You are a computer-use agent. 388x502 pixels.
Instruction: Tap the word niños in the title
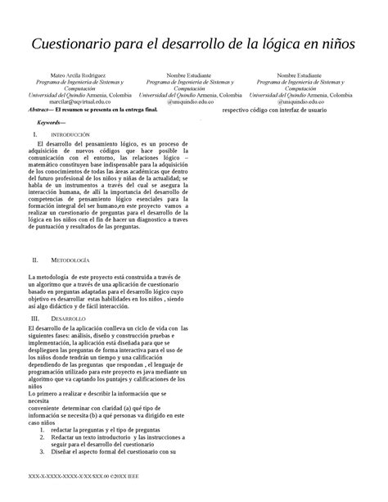tap(335, 43)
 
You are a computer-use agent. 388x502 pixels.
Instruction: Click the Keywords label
tap(54, 122)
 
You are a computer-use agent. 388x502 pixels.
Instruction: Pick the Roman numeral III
tap(35, 318)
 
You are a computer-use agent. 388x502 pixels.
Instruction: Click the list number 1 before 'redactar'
tap(41, 428)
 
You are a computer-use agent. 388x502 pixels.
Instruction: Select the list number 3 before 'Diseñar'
tap(41, 451)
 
